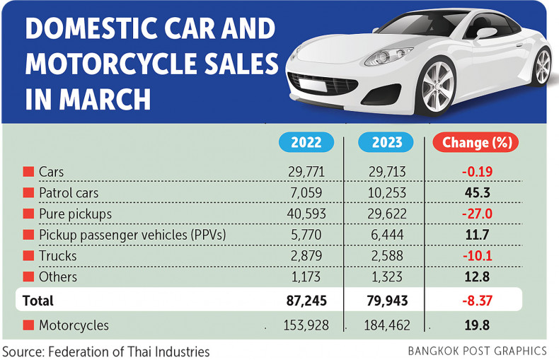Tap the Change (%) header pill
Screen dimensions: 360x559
tap(476, 142)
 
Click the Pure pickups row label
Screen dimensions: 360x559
tap(75, 214)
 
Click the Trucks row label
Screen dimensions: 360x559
tap(58, 256)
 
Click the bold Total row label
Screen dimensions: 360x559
tap(38, 301)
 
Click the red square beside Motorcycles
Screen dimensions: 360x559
tap(28, 325)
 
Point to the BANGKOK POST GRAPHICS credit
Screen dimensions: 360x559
tap(478, 350)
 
